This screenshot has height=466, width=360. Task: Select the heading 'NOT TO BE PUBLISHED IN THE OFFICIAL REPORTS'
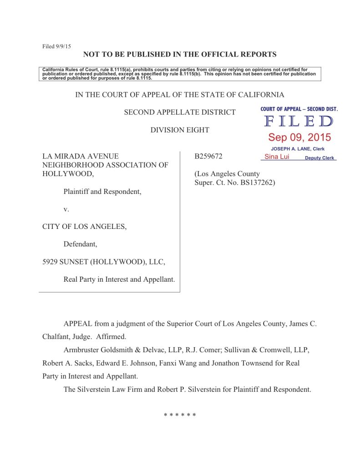click(180, 55)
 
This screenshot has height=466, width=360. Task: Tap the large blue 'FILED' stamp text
click(299, 122)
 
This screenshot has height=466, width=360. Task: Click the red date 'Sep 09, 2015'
click(299, 137)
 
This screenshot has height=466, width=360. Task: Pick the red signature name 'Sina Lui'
click(274, 157)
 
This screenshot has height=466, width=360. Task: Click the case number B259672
click(209, 156)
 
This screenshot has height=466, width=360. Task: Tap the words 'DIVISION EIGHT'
click(180, 130)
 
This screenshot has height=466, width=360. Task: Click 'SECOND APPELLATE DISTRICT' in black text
click(180, 112)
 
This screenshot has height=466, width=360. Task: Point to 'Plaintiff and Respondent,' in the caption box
click(102, 192)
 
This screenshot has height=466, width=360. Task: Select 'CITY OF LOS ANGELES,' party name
click(84, 226)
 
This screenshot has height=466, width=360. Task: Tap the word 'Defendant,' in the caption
click(80, 244)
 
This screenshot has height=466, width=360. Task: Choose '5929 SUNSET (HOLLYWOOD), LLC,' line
click(103, 262)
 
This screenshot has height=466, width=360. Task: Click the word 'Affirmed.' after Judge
click(111, 338)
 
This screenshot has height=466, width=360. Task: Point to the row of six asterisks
click(180, 415)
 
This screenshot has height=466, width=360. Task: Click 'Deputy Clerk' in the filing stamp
click(319, 158)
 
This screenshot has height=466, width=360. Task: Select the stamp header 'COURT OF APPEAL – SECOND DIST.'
click(299, 109)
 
